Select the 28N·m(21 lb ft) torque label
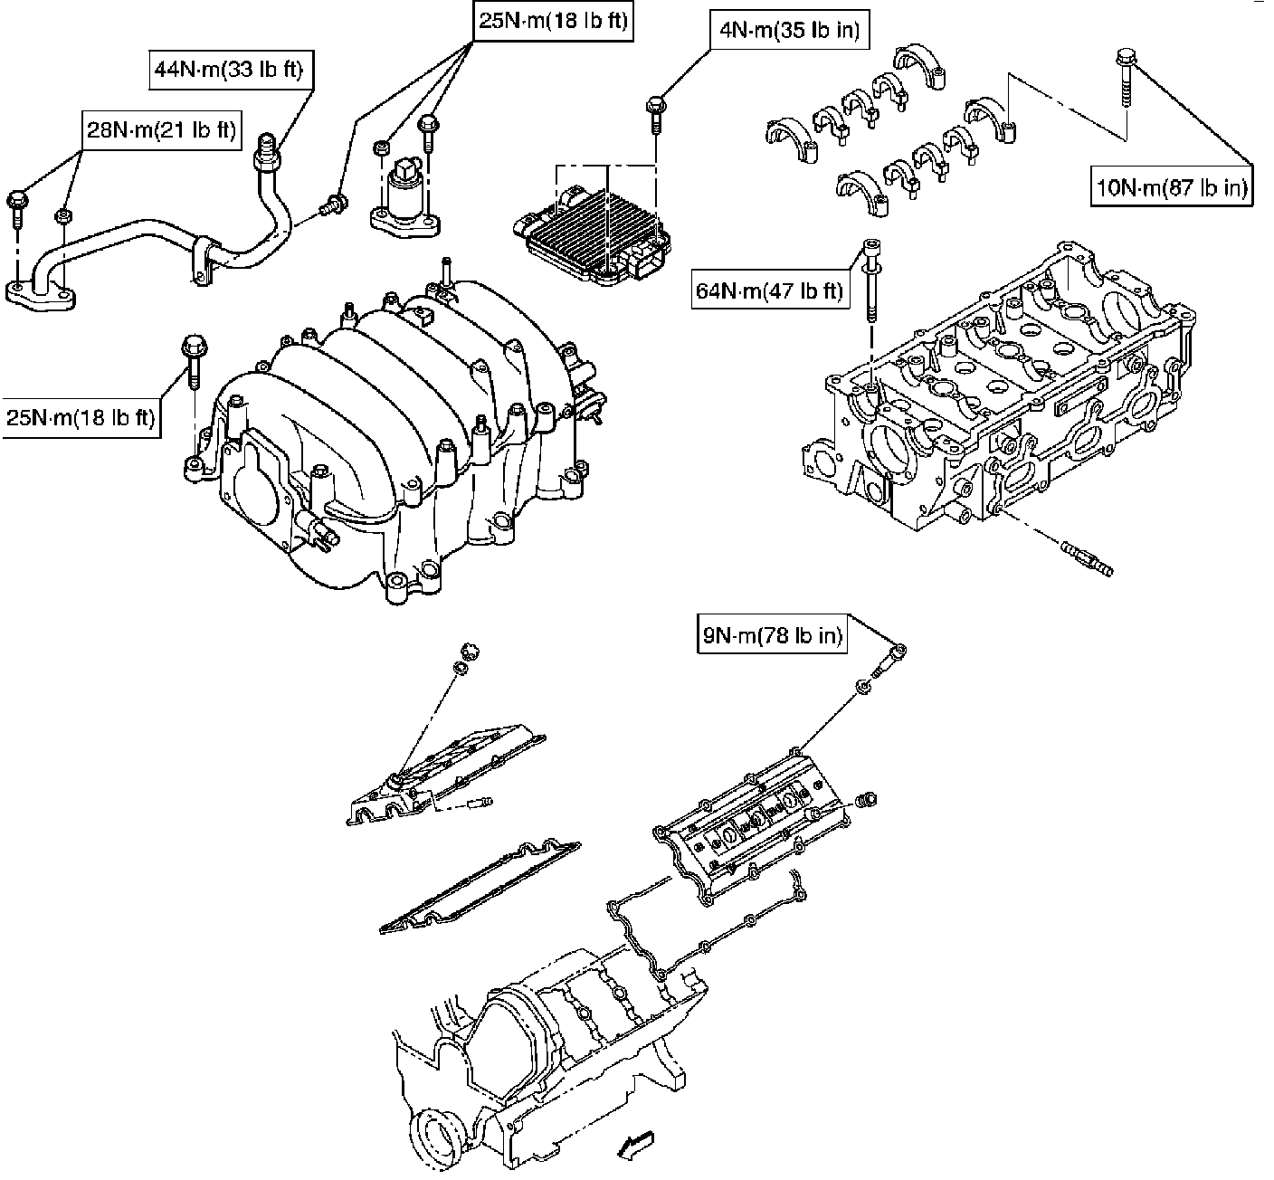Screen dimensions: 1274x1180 tap(162, 130)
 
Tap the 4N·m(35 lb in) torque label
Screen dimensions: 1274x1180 tap(789, 30)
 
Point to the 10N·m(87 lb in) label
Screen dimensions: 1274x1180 tap(1172, 186)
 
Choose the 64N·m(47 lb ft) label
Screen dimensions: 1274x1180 tap(770, 290)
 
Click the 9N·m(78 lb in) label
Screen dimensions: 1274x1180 tap(773, 634)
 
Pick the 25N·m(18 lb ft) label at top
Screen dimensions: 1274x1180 tap(553, 21)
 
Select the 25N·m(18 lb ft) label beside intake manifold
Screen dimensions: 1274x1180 tap(81, 418)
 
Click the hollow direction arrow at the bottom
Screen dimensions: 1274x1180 tap(636, 1145)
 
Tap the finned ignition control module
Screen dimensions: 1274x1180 tap(592, 234)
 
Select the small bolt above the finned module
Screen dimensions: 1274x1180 tap(656, 114)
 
